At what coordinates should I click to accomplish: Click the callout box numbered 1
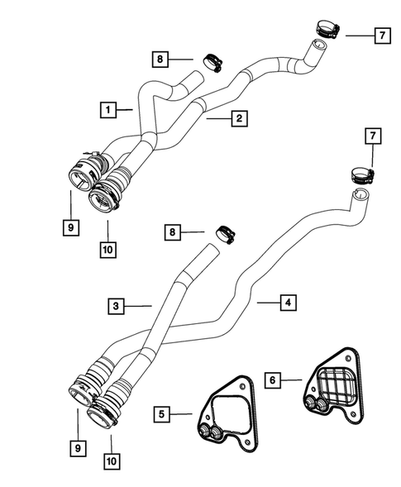coord(107,108)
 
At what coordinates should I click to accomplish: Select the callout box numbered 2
coord(237,119)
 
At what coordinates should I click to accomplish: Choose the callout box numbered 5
coord(164,413)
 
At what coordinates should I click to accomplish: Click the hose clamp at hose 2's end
coord(325,30)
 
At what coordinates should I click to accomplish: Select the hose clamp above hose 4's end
coord(361,174)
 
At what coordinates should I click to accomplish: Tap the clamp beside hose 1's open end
coord(210,61)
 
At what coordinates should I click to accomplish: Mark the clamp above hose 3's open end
coord(223,234)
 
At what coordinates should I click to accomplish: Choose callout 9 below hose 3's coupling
coord(76,446)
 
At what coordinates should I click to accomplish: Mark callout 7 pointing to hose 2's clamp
coord(380,36)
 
